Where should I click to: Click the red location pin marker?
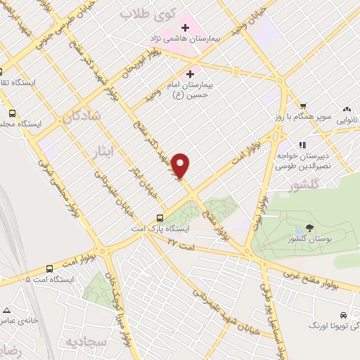[x=181, y=166]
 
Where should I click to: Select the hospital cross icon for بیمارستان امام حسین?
[x=190, y=73]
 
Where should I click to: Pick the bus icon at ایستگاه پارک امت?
[x=160, y=218]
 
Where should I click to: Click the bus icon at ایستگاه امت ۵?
[x=49, y=269]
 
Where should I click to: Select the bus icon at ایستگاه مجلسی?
[x=12, y=112]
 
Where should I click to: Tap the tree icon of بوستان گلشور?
[x=309, y=230]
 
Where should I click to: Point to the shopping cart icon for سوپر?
[x=303, y=106]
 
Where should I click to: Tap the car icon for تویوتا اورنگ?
[x=342, y=316]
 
